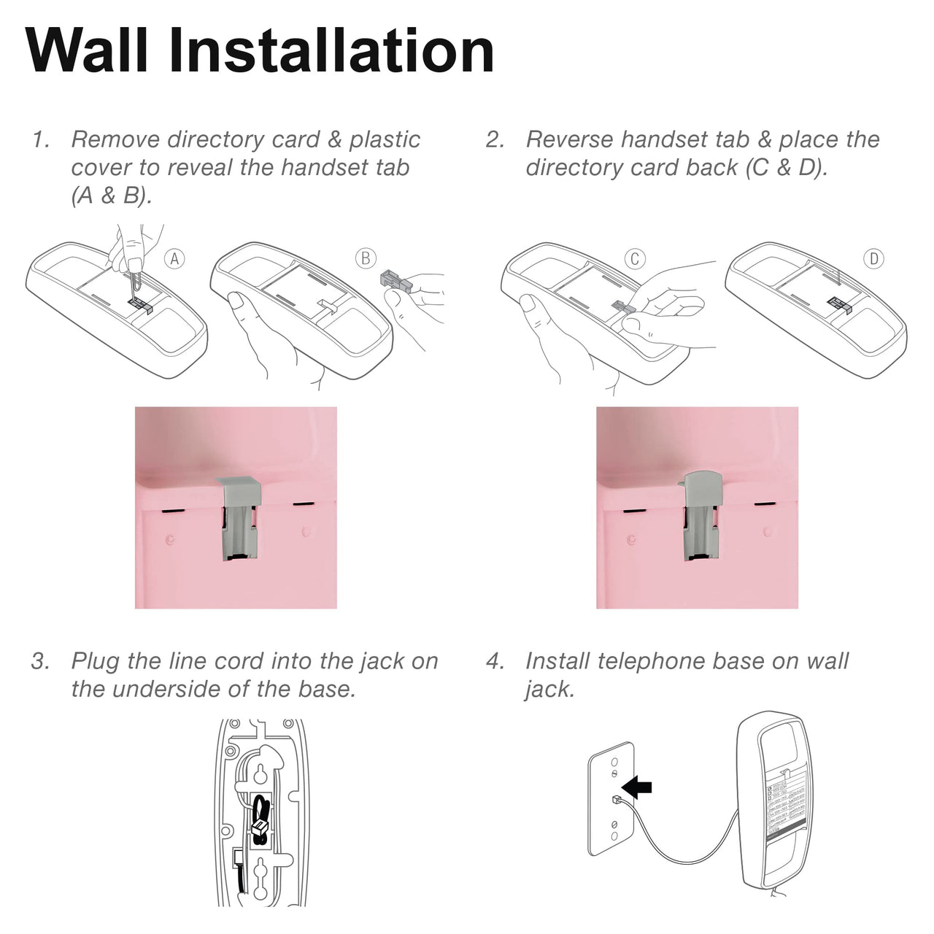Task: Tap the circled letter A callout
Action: pos(174,258)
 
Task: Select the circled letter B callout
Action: pos(366,258)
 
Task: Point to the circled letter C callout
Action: pos(634,258)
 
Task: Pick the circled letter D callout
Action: pos(873,258)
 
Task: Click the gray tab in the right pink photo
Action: pos(702,517)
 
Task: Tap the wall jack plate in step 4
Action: pos(611,799)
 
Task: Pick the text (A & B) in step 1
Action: pos(111,196)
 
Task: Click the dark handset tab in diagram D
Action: pos(841,303)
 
